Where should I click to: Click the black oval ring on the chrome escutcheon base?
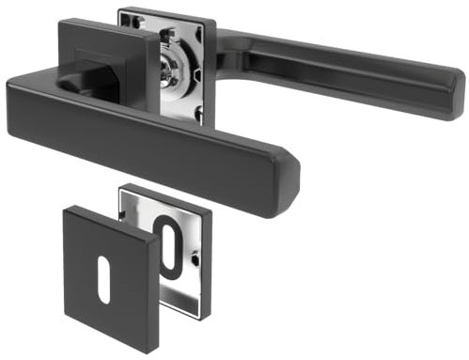pyautogui.click(x=169, y=245)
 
